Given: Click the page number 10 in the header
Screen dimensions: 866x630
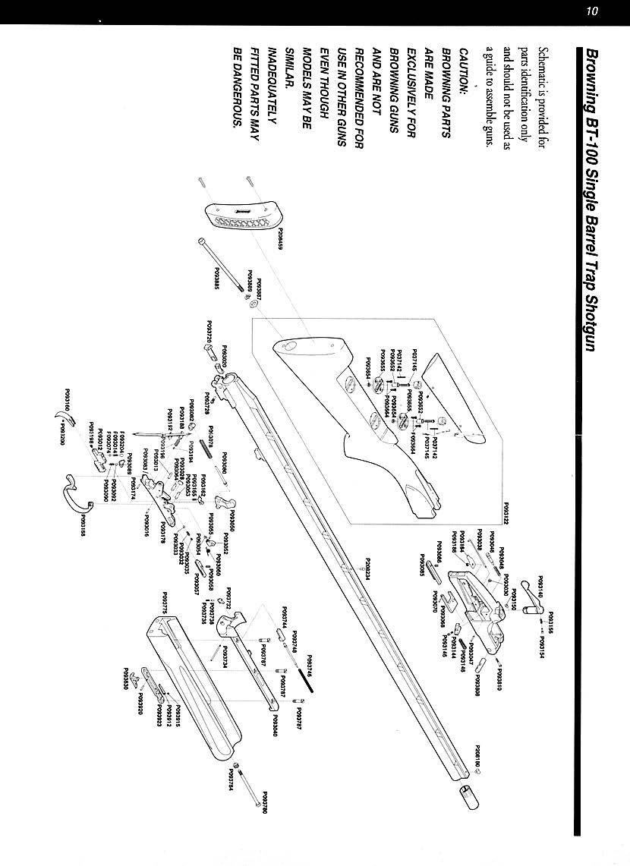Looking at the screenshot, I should (593, 11).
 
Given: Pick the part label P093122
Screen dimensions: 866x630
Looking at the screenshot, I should (506, 512).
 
